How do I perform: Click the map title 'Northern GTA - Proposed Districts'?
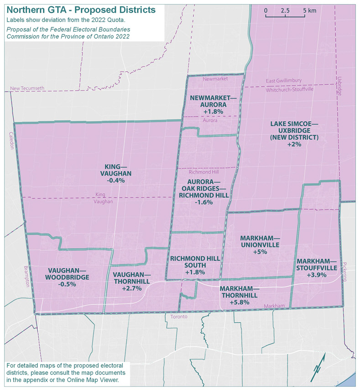point(81,10)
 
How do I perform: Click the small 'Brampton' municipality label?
point(27,276)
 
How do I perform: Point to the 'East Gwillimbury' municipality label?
point(284,81)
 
